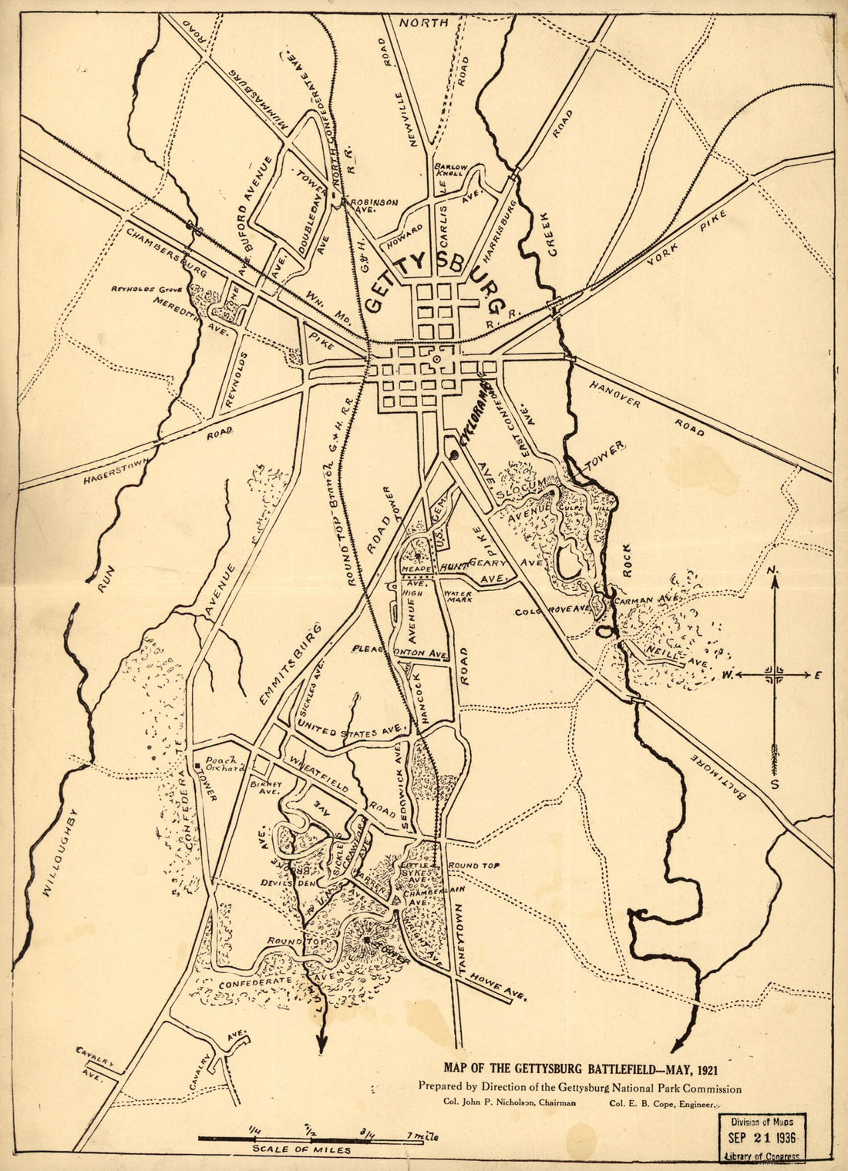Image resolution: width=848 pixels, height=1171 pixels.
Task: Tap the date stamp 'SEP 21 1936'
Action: [x=763, y=1138]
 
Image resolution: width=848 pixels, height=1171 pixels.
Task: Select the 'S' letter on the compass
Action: [x=775, y=783]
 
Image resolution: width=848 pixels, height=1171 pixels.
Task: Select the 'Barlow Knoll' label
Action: [x=449, y=170]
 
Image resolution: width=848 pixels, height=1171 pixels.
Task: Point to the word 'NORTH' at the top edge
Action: [x=424, y=23]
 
